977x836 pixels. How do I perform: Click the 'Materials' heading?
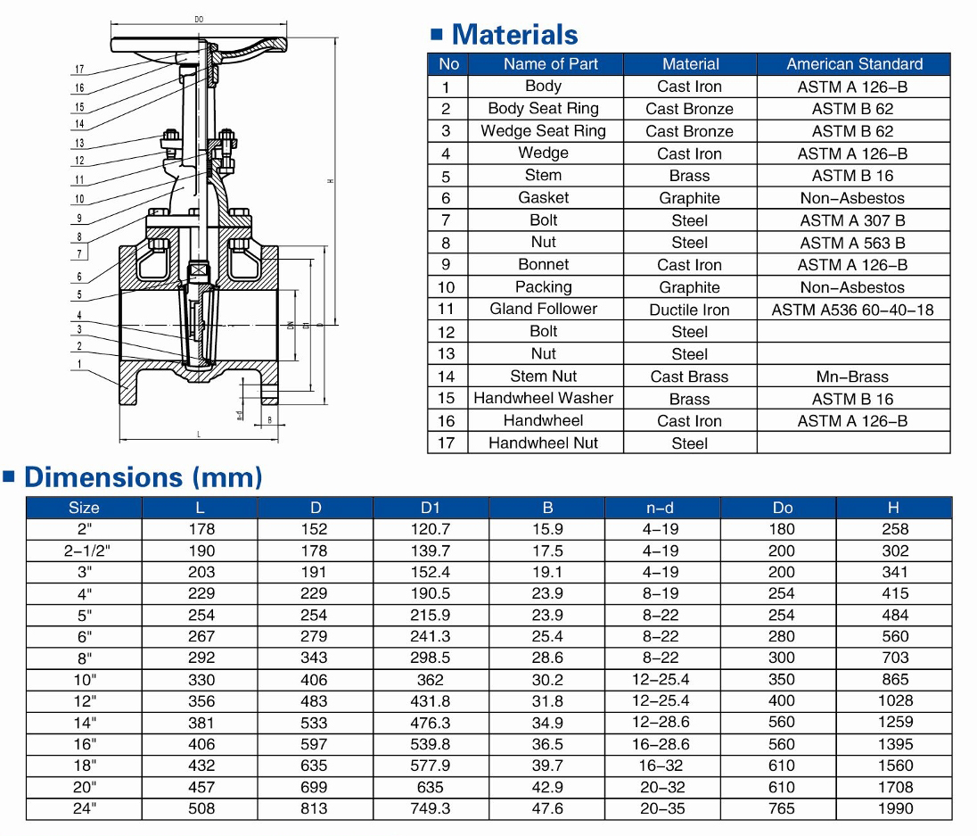click(514, 35)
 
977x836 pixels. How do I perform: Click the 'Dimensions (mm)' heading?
click(143, 477)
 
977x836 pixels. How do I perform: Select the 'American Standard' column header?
click(854, 64)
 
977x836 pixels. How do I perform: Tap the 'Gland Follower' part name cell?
click(544, 309)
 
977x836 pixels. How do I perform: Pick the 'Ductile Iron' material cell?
click(689, 310)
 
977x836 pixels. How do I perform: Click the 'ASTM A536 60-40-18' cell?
click(853, 310)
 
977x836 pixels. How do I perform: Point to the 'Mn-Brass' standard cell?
click(853, 377)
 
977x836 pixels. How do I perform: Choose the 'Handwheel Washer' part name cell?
click(544, 398)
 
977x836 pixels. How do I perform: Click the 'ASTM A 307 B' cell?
click(853, 220)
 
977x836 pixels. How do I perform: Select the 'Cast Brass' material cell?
click(689, 377)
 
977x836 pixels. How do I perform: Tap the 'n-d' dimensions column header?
click(661, 508)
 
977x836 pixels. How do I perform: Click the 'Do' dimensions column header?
click(783, 508)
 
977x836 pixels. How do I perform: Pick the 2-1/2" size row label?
click(84, 550)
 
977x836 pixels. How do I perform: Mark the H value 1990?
click(895, 808)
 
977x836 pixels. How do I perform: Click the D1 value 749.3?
click(431, 808)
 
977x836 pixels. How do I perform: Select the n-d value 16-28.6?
click(661, 744)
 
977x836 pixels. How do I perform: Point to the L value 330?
click(201, 680)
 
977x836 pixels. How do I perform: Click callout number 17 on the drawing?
click(79, 70)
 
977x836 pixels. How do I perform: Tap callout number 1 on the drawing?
click(79, 364)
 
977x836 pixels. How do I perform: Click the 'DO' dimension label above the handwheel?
click(198, 19)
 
